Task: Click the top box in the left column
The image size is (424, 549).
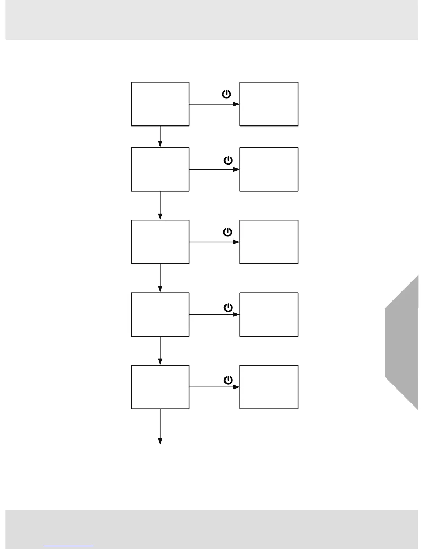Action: pyautogui.click(x=160, y=104)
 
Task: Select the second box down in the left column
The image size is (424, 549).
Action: pyautogui.click(x=160, y=169)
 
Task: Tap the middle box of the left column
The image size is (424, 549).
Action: pyautogui.click(x=160, y=242)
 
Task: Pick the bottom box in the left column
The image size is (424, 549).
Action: pyautogui.click(x=160, y=387)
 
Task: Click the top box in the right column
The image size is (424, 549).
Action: pyautogui.click(x=269, y=104)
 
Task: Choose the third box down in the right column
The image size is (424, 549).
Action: pyautogui.click(x=269, y=242)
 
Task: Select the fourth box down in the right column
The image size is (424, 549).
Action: pyautogui.click(x=269, y=314)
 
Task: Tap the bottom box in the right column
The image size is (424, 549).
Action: pyautogui.click(x=269, y=387)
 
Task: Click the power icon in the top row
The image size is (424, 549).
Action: pyautogui.click(x=227, y=94)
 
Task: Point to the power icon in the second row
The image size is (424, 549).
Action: pyautogui.click(x=228, y=160)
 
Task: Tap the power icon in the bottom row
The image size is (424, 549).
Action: pyautogui.click(x=228, y=380)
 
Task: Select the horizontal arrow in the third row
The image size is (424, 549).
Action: pyautogui.click(x=214, y=242)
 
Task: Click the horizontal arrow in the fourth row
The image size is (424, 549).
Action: pyautogui.click(x=214, y=314)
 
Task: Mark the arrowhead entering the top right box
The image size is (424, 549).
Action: pyautogui.click(x=236, y=104)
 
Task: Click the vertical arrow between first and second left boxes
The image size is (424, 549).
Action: pyautogui.click(x=160, y=137)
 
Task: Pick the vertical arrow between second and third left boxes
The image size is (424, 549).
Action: pyautogui.click(x=160, y=206)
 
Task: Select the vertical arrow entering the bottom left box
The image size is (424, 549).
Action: pyautogui.click(x=160, y=351)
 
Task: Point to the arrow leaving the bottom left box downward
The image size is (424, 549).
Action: pyautogui.click(x=160, y=427)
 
